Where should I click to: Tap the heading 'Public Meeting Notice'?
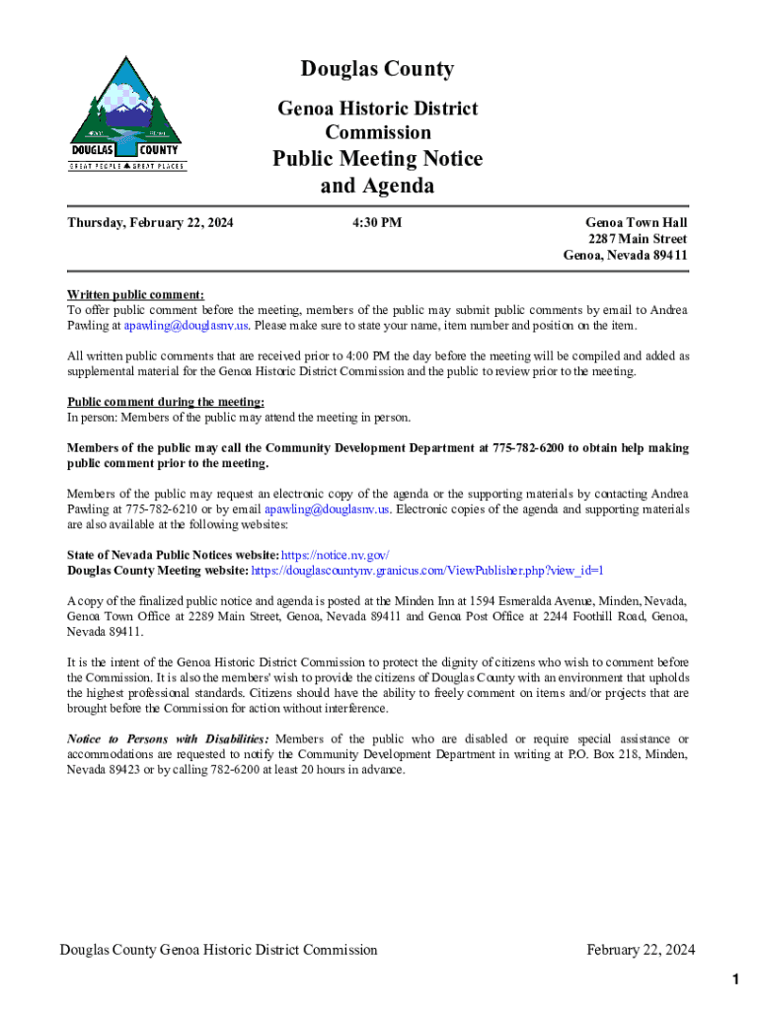[x=377, y=159]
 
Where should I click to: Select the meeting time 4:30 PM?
[x=377, y=223]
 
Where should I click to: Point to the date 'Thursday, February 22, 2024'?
[x=150, y=223]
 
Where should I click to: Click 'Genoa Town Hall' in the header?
[x=636, y=223]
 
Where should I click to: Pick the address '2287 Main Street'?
[x=638, y=239]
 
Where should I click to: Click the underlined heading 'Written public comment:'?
[x=135, y=294]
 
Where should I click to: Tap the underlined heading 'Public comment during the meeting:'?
[x=165, y=402]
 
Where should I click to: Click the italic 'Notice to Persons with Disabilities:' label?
[x=168, y=739]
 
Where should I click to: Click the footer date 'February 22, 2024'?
[x=641, y=950]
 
